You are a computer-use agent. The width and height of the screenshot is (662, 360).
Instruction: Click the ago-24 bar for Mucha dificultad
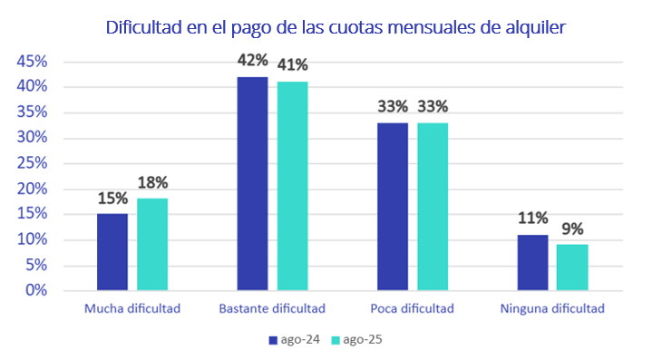(x=112, y=252)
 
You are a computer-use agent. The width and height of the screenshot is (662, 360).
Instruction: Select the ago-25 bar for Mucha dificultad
(x=152, y=244)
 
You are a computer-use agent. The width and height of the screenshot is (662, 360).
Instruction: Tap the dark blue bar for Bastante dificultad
(x=252, y=183)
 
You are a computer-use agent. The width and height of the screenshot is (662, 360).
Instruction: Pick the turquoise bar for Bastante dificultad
(x=293, y=186)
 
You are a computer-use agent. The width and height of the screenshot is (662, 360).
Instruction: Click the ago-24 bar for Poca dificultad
(x=393, y=206)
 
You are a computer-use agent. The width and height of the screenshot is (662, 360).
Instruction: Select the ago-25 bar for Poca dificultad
(x=433, y=206)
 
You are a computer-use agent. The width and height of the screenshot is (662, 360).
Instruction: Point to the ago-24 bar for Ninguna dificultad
(x=532, y=262)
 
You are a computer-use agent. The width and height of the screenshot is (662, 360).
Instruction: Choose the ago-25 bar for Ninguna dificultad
(x=572, y=267)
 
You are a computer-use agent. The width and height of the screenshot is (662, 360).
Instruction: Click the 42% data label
(x=252, y=61)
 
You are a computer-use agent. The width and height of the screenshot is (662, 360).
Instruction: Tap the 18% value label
(x=152, y=182)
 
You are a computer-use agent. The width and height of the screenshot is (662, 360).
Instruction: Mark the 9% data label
(x=572, y=228)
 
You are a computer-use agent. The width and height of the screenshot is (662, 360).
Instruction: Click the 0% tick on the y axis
(x=35, y=290)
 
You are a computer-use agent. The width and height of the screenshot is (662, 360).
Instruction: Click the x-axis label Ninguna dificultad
(x=551, y=308)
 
